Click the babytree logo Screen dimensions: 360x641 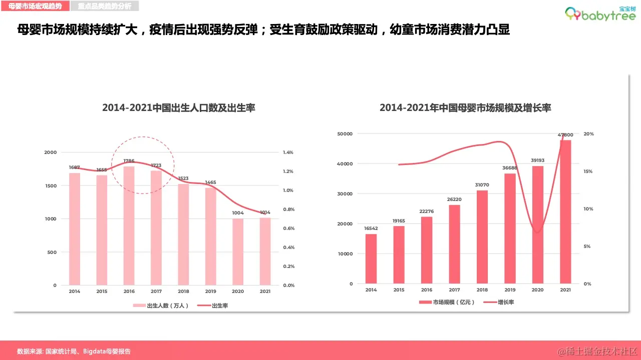(x=600, y=14)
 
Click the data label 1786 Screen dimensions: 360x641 (x=129, y=161)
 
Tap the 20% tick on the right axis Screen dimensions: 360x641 (x=588, y=134)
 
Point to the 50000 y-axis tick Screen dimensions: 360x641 (x=345, y=134)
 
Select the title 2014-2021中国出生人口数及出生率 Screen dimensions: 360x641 (x=179, y=107)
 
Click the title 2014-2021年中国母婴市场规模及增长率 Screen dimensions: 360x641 (x=465, y=107)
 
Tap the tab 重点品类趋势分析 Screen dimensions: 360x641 (x=105, y=6)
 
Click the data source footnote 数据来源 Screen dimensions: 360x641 (x=74, y=351)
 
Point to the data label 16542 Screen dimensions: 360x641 (x=371, y=228)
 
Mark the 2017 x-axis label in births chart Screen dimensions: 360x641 (x=156, y=291)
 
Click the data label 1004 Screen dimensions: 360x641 (x=238, y=213)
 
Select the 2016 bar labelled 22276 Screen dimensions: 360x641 (x=427, y=250)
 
